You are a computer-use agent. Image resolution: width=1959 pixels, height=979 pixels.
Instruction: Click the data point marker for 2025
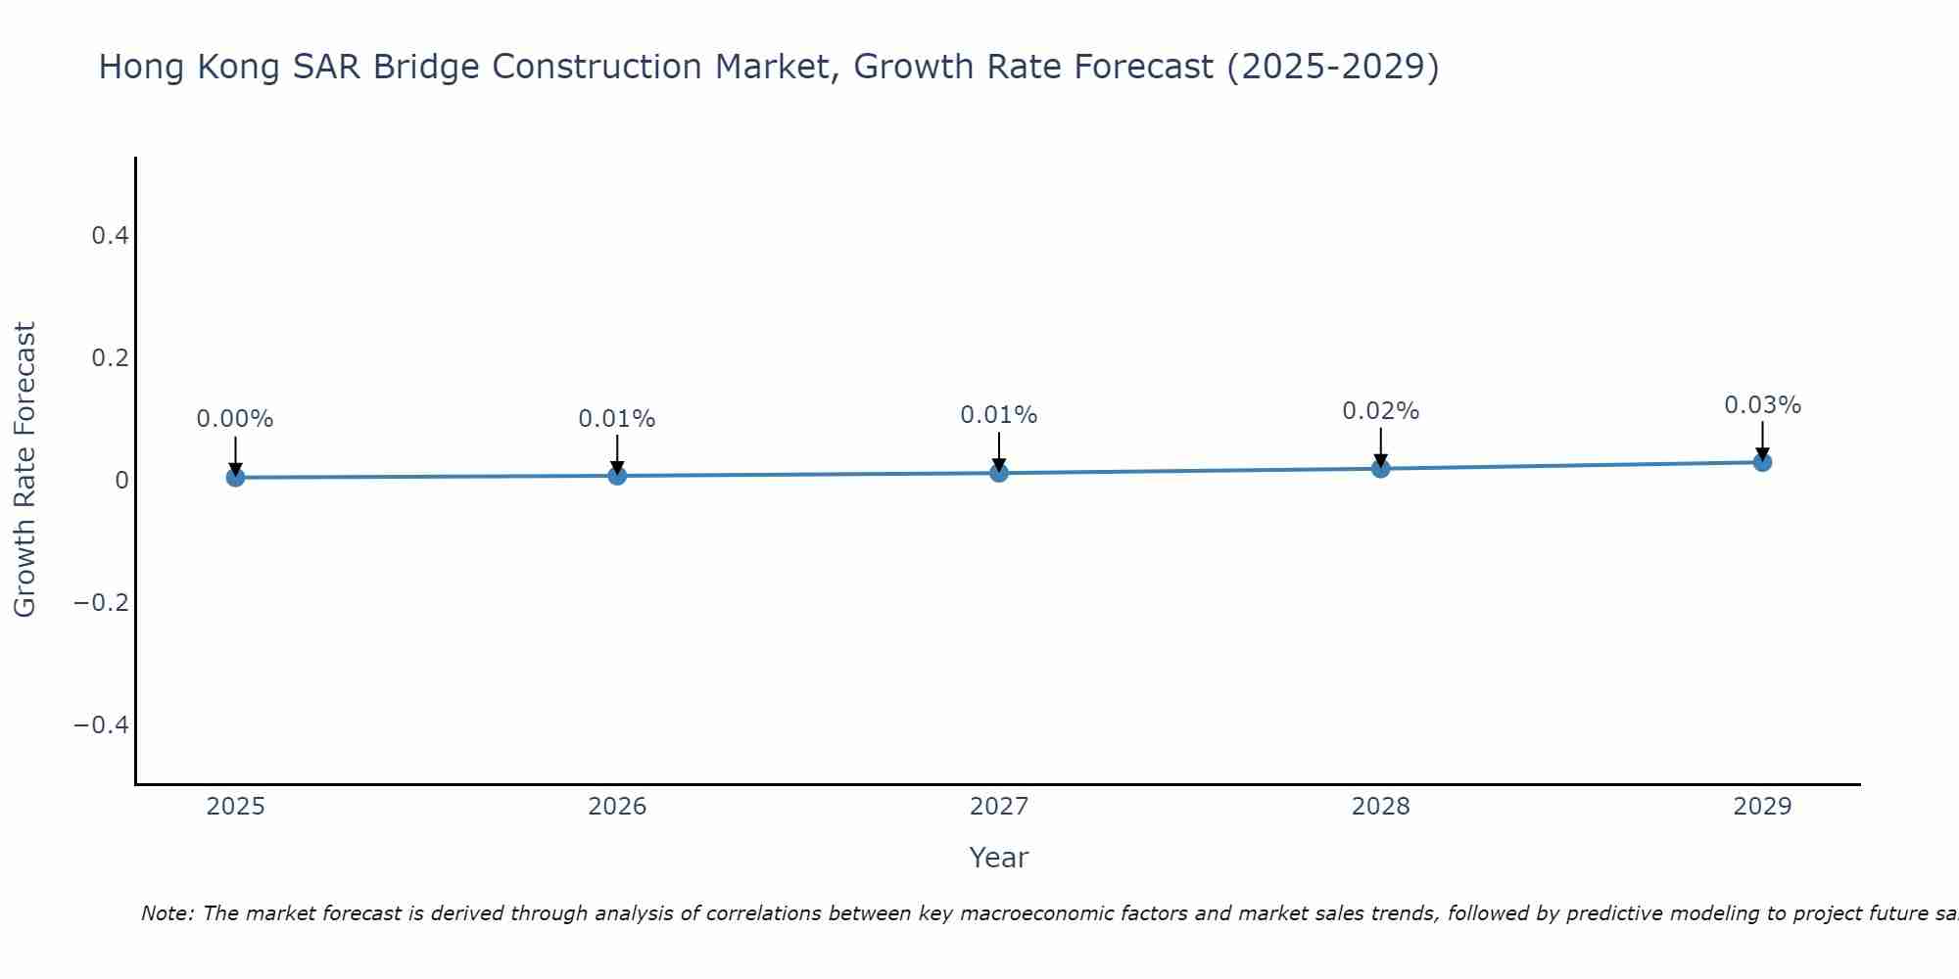(235, 477)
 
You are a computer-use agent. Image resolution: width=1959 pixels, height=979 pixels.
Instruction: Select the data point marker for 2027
(999, 473)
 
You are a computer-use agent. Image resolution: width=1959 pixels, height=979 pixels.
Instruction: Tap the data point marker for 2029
(1762, 461)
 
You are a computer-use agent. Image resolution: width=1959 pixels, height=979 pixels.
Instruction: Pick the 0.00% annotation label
(235, 419)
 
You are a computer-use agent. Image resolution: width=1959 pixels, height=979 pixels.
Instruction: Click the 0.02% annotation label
(1380, 411)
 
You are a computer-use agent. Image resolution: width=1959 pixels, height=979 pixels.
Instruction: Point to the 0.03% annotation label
(1762, 405)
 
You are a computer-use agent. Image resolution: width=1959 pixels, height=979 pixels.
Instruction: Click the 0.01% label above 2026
(617, 419)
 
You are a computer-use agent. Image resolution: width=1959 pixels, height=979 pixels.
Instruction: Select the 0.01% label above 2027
(999, 415)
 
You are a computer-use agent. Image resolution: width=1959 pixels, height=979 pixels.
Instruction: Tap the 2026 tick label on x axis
(617, 807)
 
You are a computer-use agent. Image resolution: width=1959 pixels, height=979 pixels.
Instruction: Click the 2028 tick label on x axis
(1380, 807)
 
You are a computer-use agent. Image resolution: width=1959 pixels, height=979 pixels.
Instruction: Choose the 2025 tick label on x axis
(236, 807)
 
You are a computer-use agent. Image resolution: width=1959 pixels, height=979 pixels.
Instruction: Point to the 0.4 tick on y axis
(110, 236)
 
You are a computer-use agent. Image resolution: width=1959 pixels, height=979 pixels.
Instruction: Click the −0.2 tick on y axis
(101, 602)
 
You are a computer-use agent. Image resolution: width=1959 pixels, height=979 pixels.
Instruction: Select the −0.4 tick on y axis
(101, 724)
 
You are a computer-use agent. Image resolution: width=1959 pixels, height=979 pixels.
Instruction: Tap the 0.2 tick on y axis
(110, 358)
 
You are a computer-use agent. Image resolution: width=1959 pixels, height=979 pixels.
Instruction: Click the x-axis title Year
(998, 858)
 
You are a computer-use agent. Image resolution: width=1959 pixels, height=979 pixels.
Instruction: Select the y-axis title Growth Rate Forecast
(24, 470)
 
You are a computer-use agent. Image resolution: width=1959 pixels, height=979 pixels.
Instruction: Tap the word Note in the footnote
(167, 913)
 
